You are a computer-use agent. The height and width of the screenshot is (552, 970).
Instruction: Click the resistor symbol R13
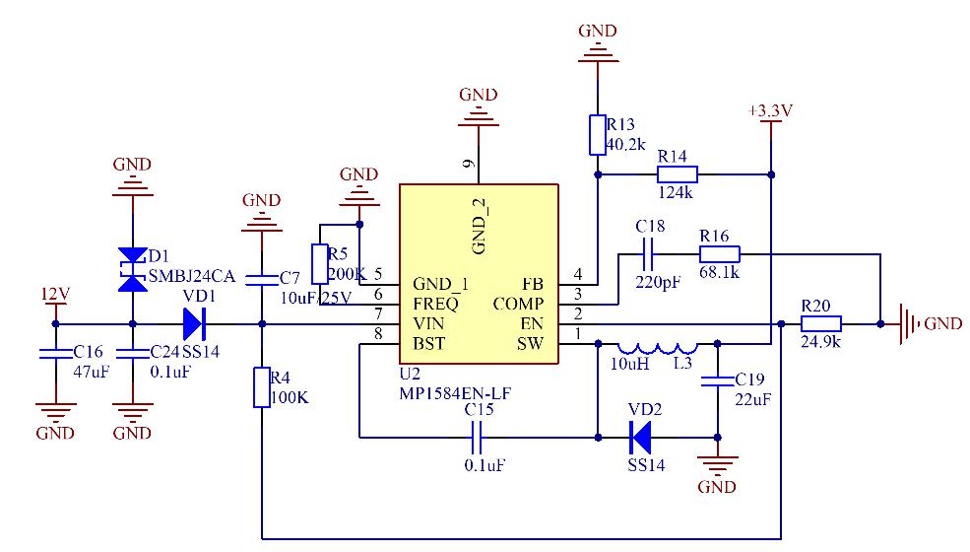tap(597, 135)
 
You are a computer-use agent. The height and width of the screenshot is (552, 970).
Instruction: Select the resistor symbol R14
tap(677, 174)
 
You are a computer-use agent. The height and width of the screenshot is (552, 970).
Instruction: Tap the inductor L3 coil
tap(657, 347)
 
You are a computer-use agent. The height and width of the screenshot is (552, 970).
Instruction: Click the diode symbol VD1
tap(193, 323)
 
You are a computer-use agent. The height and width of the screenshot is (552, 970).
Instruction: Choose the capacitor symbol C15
tap(479, 435)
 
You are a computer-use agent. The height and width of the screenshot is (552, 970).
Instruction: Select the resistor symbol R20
tap(820, 323)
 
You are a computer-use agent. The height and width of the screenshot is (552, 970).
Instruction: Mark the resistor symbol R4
tap(261, 387)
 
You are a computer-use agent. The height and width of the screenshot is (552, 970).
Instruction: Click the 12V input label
tap(55, 294)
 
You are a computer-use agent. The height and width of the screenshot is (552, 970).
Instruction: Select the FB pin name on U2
tap(532, 284)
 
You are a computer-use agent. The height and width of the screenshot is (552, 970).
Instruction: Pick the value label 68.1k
tap(720, 270)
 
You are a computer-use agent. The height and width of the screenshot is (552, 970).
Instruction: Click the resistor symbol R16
tap(720, 254)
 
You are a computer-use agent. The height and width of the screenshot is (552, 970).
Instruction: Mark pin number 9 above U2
tap(470, 164)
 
